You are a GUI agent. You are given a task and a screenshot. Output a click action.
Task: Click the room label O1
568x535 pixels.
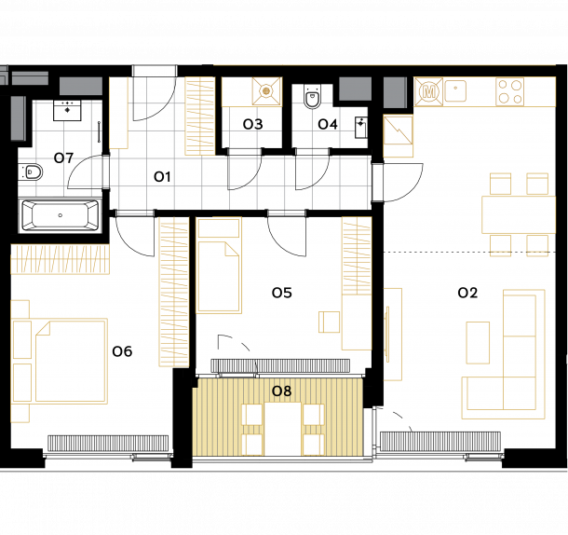(162, 177)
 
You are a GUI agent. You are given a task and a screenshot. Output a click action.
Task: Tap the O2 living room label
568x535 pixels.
(467, 293)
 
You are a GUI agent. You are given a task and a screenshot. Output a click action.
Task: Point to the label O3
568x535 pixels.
(252, 124)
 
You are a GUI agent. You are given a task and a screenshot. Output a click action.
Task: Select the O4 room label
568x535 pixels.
(328, 124)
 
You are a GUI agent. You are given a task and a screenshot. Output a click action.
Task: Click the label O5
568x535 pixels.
(282, 293)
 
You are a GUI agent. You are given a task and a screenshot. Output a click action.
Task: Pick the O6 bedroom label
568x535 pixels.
(122, 351)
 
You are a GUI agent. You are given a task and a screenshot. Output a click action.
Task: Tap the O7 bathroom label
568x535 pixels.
(63, 158)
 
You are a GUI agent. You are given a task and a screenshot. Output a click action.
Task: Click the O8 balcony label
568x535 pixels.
(281, 391)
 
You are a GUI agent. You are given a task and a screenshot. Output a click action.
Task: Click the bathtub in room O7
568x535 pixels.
(61, 215)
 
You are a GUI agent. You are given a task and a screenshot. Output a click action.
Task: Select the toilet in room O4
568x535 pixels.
(312, 97)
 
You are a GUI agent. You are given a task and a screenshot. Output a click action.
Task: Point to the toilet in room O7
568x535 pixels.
(31, 171)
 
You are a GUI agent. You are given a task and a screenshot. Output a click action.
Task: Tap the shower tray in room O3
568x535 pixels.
(266, 90)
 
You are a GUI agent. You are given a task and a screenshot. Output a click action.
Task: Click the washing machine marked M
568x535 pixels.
(429, 91)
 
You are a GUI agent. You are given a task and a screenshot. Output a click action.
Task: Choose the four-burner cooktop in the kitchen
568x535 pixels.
(509, 91)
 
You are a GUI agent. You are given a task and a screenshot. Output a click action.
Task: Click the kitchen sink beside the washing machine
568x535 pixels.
(455, 90)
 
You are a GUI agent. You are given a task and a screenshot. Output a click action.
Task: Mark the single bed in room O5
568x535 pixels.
(219, 266)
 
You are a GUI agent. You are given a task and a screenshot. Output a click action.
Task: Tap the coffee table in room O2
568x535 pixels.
(478, 343)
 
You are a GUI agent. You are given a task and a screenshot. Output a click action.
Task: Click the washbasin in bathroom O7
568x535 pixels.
(67, 111)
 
